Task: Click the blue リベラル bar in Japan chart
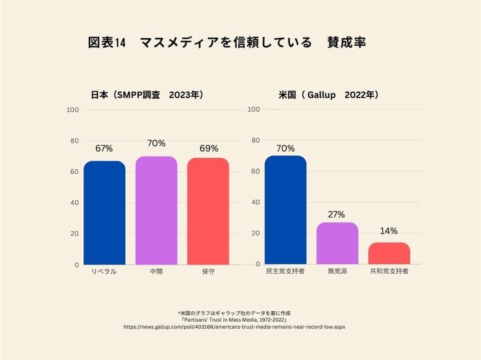[104, 213]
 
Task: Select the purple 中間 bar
[156, 210]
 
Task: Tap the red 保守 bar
[208, 211]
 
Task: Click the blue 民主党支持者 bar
[285, 210]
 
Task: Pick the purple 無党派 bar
[337, 243]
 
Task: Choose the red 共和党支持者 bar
[389, 253]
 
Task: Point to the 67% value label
[104, 149]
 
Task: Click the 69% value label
[208, 149]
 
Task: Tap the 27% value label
[337, 215]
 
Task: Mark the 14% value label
[388, 231]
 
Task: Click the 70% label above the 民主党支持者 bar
[286, 148]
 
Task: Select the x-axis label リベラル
[104, 271]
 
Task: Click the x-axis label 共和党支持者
[389, 271]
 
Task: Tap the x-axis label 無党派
[337, 271]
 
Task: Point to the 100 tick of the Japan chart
[73, 110]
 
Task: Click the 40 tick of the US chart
[253, 202]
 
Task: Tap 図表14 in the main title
[107, 43]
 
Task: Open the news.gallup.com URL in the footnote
[234, 327]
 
